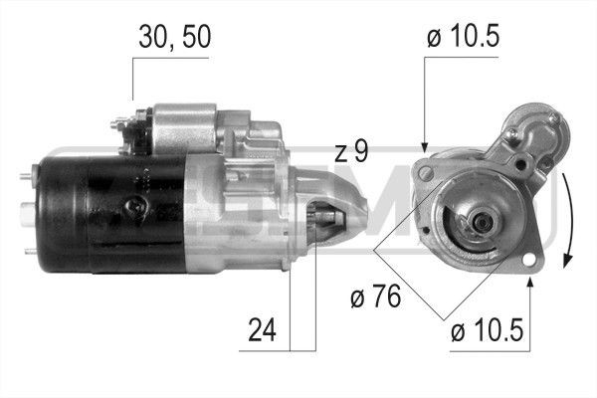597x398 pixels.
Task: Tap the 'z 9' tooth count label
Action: tap(351, 152)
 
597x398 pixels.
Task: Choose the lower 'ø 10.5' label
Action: tap(485, 331)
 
